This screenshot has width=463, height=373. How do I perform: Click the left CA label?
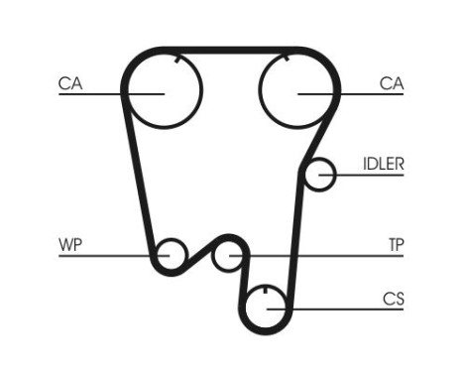click(69, 83)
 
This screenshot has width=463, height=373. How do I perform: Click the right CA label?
click(392, 83)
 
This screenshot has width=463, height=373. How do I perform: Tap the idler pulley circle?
click(319, 175)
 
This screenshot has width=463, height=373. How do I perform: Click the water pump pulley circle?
click(172, 254)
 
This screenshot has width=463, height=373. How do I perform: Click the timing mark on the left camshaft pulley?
click(175, 61)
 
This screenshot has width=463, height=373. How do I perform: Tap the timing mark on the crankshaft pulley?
click(268, 292)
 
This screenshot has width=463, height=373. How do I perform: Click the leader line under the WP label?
click(99, 256)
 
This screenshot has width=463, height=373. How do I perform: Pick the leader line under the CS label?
click(347, 310)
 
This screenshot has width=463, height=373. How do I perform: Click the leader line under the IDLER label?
click(372, 177)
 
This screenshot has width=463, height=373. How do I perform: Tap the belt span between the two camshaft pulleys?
click(230, 49)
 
